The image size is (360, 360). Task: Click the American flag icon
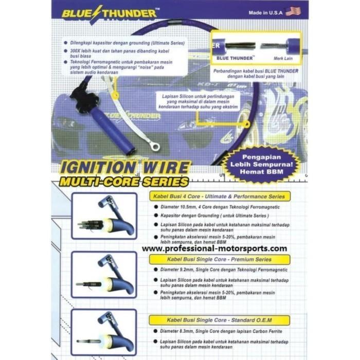(293, 11)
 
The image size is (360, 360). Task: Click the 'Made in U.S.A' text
(265, 11)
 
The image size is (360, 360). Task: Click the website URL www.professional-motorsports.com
(214, 248)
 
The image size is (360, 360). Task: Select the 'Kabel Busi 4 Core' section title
(219, 196)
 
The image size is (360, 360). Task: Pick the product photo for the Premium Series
(104, 276)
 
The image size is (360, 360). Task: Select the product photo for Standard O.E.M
(104, 332)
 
